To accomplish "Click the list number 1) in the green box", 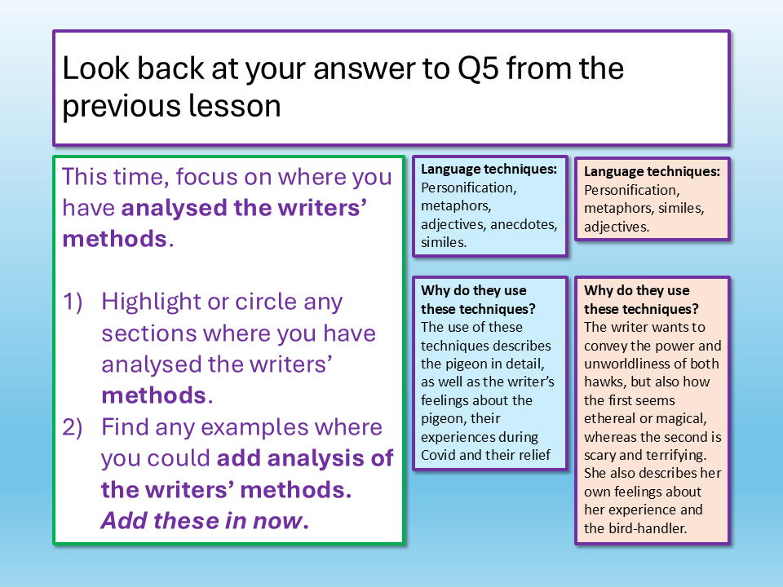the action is pyautogui.click(x=72, y=302).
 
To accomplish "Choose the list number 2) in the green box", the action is pyautogui.click(x=72, y=428).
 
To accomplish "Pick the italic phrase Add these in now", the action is pyautogui.click(x=205, y=521).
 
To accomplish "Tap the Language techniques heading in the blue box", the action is pyautogui.click(x=489, y=170).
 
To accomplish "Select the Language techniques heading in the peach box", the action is pyautogui.click(x=652, y=172).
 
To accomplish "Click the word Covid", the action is pyautogui.click(x=438, y=455).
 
